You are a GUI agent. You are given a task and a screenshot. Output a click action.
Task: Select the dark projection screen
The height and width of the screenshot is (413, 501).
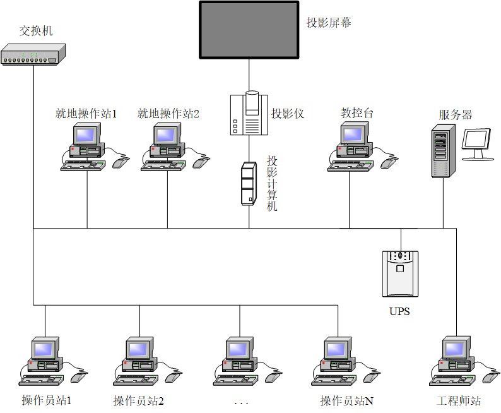point(249,30)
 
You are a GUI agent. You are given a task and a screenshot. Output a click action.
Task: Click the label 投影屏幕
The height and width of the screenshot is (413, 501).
point(329,23)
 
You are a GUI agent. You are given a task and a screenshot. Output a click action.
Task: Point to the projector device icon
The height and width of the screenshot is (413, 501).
point(249,114)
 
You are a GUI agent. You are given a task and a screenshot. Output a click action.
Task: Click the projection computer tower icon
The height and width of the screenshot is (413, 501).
point(249,183)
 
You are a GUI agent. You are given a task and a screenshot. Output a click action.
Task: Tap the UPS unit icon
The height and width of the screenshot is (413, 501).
point(400,273)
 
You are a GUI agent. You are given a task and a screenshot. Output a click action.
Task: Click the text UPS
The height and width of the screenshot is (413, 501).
point(399,311)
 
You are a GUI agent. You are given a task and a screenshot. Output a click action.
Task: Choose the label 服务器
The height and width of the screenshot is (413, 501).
point(456,115)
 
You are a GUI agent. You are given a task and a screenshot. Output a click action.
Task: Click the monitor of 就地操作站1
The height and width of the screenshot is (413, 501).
point(86,135)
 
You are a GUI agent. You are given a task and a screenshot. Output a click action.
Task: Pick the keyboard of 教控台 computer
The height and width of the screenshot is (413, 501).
point(350,165)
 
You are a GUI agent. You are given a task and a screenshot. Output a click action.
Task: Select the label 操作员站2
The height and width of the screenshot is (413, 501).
point(139,400)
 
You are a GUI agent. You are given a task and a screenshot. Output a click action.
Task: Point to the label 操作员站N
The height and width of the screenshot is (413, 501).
point(346,400)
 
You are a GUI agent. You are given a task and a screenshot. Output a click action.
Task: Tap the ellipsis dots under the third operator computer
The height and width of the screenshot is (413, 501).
point(240,402)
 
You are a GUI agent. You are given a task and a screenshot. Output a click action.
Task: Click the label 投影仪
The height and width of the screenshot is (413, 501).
point(288,114)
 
